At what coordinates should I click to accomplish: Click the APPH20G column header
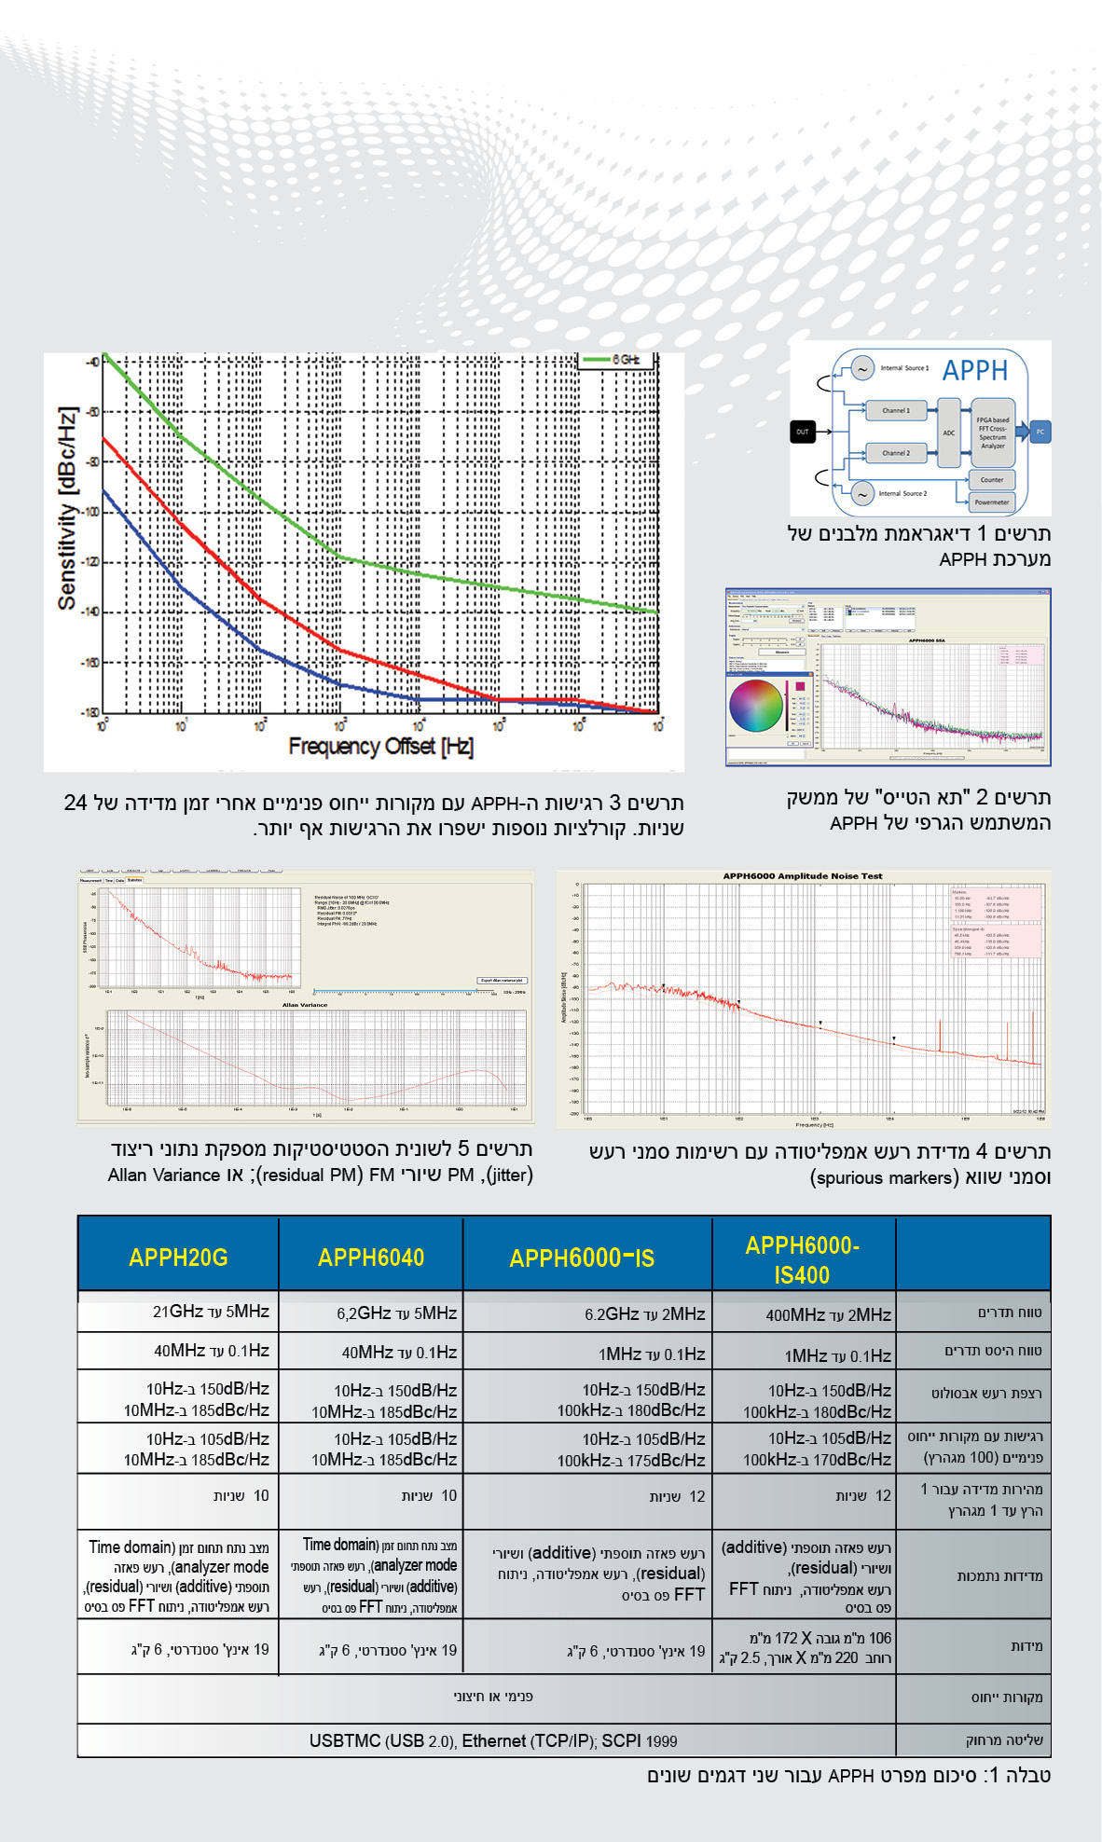click(x=178, y=1258)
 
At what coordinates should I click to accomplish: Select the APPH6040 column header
click(x=371, y=1258)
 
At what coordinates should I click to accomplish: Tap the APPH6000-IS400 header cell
click(x=802, y=1259)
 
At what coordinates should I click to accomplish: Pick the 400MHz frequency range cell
click(x=828, y=1314)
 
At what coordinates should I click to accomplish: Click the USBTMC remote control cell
click(x=493, y=1740)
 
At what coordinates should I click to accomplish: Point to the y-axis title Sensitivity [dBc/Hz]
click(x=67, y=508)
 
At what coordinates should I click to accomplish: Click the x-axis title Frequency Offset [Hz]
click(x=380, y=746)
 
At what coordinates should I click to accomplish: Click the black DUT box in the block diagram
click(x=803, y=432)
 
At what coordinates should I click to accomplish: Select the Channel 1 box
click(x=896, y=410)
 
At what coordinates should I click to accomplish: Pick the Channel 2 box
click(x=896, y=453)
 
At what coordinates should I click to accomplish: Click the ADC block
click(x=949, y=433)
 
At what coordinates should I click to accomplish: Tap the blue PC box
click(x=1040, y=432)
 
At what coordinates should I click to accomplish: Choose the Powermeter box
click(x=991, y=502)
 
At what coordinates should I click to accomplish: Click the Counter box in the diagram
click(x=991, y=480)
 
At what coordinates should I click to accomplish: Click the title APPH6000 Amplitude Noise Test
click(x=802, y=876)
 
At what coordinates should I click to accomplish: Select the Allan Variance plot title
click(x=305, y=1005)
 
